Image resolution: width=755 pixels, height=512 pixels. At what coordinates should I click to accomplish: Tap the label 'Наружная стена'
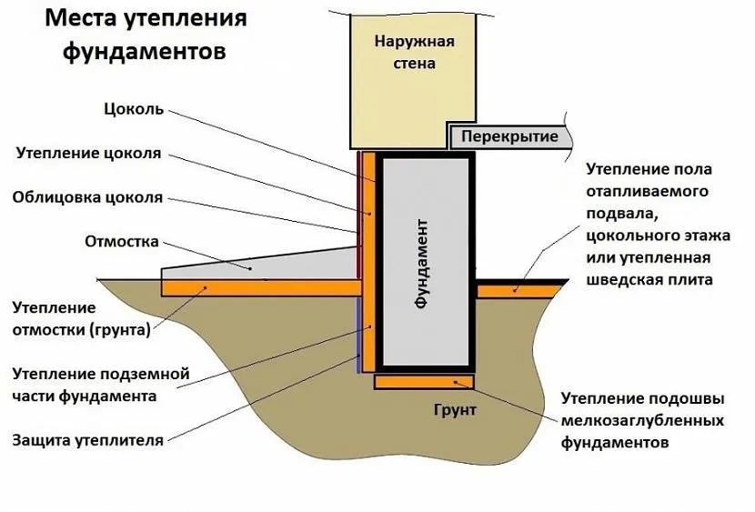(415, 52)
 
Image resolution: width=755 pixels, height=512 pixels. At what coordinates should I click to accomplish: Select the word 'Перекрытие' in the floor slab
(509, 136)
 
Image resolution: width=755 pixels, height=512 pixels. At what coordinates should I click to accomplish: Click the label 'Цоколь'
(133, 109)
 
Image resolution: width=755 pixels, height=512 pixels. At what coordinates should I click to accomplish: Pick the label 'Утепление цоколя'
(88, 153)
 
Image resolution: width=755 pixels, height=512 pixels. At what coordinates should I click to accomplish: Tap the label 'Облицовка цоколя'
(87, 196)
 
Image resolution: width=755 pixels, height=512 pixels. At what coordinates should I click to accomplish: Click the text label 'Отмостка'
(121, 242)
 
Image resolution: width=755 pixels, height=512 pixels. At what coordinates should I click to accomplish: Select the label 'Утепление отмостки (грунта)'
(81, 319)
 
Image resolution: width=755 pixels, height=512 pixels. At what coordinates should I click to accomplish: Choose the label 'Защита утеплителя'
(88, 440)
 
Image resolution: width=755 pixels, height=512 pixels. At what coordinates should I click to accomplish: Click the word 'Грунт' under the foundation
(455, 410)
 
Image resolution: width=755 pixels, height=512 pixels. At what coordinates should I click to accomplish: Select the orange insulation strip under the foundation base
(425, 382)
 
